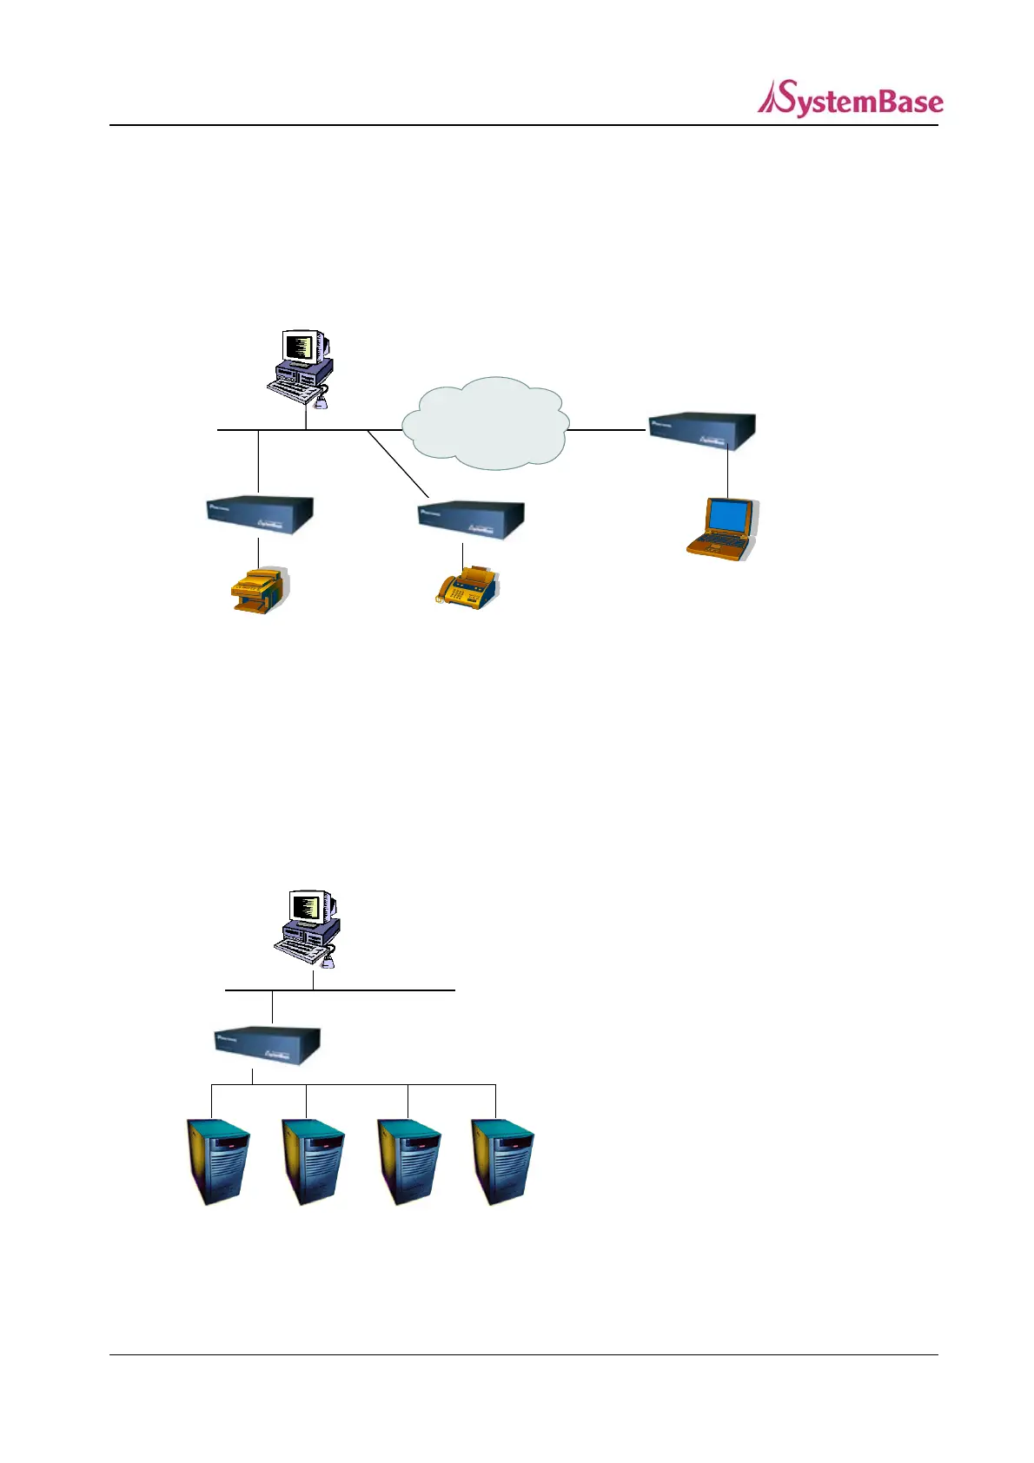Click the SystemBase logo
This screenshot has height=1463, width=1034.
coord(850,99)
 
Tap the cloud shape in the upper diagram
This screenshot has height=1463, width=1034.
coord(485,423)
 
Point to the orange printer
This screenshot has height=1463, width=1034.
coord(258,591)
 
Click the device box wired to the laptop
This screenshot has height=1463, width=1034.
coord(703,432)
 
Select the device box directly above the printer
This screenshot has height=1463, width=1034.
coord(260,514)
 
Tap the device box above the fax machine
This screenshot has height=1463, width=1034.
coord(471,520)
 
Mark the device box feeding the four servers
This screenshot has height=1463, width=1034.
coord(268,1046)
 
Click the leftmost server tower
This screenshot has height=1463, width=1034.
coord(219,1162)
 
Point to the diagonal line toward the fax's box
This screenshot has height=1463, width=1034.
coord(398,463)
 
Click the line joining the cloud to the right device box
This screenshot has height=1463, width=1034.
coord(607,429)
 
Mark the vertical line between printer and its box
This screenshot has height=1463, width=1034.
coord(258,551)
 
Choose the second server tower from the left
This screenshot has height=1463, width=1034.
coord(313,1162)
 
